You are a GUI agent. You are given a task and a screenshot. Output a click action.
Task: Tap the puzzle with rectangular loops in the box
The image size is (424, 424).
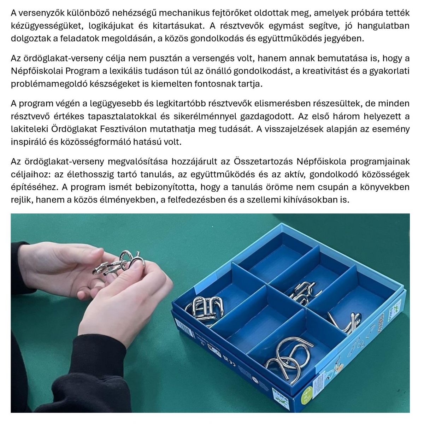point(205,310)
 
